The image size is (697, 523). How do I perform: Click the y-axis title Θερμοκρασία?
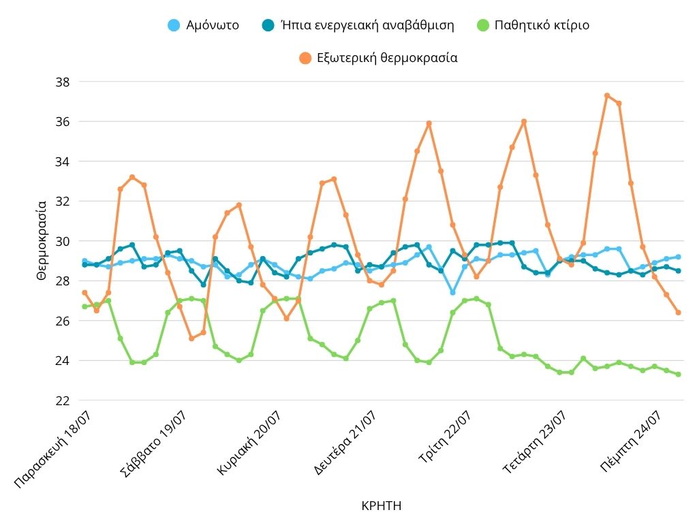point(41,240)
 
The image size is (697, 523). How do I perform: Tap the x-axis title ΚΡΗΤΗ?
point(381,505)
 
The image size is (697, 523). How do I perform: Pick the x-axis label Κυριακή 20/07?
point(249,443)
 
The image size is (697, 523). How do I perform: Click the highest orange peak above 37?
point(607,95)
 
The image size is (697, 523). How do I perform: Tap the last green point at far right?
point(678,375)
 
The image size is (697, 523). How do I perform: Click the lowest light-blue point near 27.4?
point(452,292)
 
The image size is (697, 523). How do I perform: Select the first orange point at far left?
point(84,292)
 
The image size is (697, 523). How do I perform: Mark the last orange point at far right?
point(678,313)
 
